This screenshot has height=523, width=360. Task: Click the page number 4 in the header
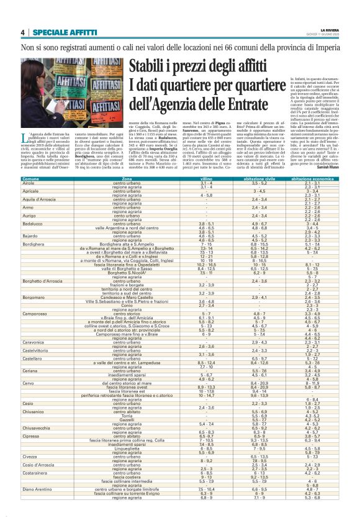22,32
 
